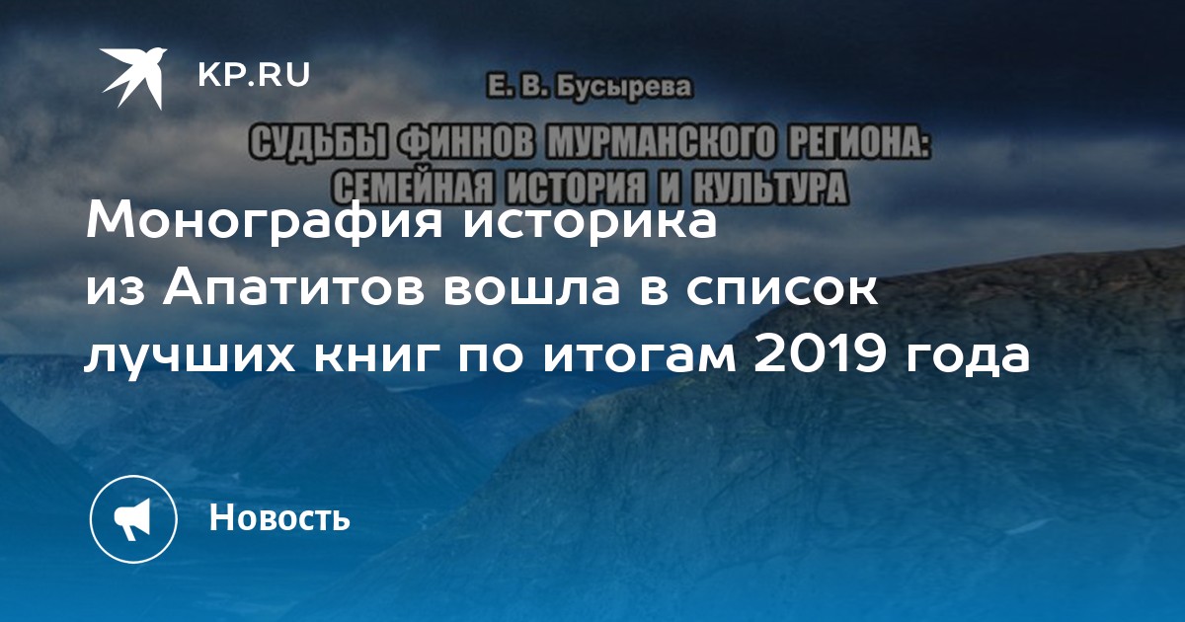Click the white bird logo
(x=133, y=78)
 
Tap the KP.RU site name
(x=254, y=75)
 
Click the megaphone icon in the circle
(x=132, y=519)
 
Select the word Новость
(x=279, y=517)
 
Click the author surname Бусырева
(x=623, y=88)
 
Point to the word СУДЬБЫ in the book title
(x=319, y=143)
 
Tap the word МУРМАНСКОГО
(x=662, y=143)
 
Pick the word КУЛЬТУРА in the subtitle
(x=769, y=188)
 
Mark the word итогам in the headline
(x=639, y=357)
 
